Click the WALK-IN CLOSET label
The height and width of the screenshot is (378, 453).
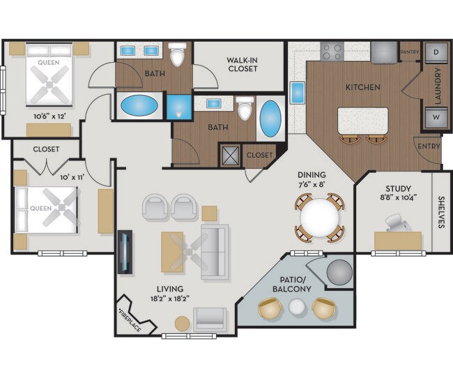coord(242,64)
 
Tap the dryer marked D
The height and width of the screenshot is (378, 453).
coord(436,52)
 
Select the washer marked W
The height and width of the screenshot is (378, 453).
coord(436,117)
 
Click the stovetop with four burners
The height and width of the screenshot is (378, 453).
coord(332,52)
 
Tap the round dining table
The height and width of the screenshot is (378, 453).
coord(319,218)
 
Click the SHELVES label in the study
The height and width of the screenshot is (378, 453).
coord(440,212)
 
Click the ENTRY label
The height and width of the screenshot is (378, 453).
coord(428,146)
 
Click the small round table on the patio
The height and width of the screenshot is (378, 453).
coord(298,307)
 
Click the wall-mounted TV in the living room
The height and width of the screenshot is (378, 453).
coord(125,252)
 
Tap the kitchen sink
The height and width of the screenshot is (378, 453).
coord(297,92)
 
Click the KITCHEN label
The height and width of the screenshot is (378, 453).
coord(363,87)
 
